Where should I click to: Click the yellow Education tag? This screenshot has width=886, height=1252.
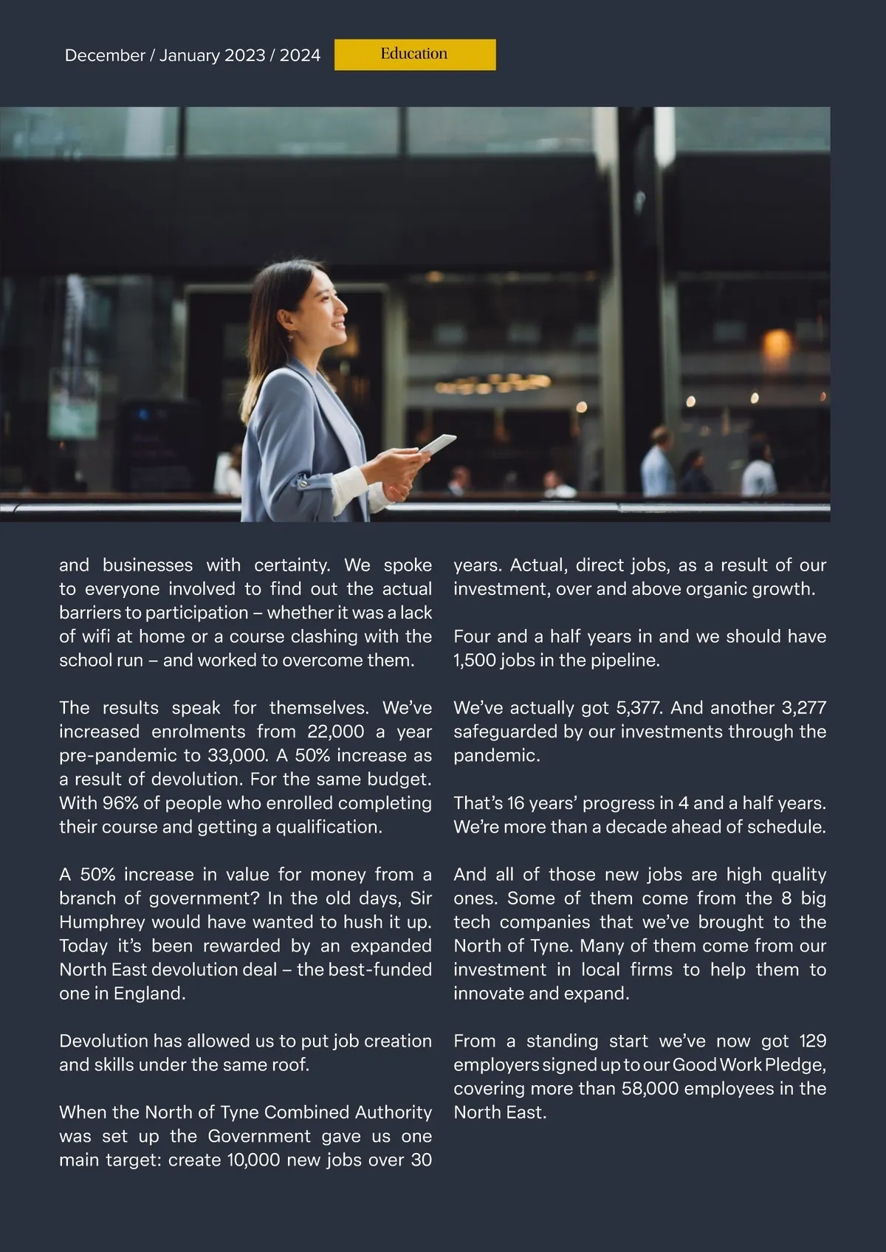(414, 55)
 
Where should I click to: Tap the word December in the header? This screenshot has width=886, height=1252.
(105, 55)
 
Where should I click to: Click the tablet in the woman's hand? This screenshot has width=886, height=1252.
(437, 445)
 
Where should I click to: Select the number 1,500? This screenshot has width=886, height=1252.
(474, 660)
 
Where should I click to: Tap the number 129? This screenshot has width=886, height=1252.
(812, 1041)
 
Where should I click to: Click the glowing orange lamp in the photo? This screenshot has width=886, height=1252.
(776, 343)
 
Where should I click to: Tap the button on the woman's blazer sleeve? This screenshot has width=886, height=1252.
(303, 484)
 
